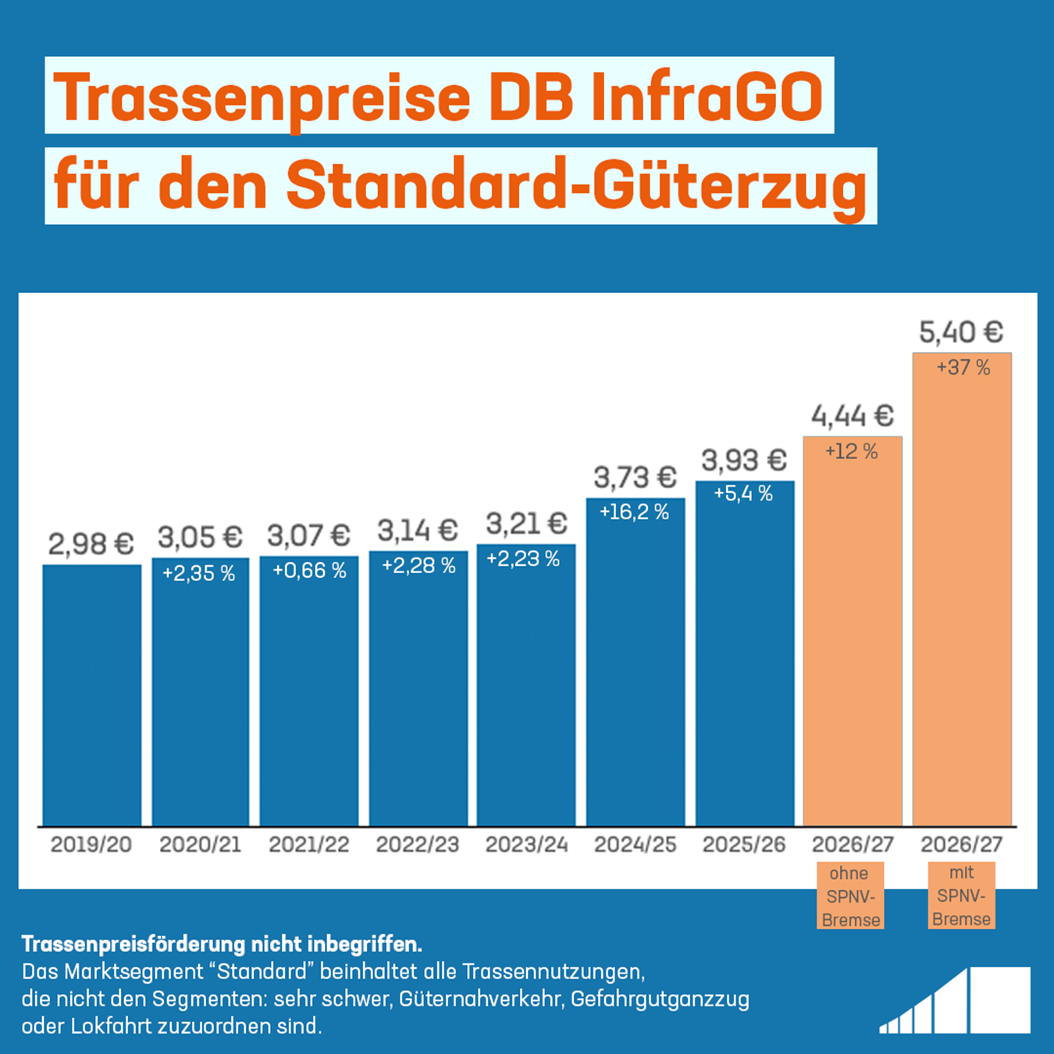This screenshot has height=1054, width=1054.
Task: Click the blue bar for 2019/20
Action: tap(91, 695)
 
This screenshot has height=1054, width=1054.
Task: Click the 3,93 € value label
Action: tap(743, 461)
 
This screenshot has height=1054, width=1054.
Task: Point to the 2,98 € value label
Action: tap(91, 544)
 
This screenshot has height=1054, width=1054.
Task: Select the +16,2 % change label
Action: tap(634, 512)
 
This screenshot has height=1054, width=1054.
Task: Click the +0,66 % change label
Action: tap(309, 571)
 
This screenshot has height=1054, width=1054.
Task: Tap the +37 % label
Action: tap(963, 368)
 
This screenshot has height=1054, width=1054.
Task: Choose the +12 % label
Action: tap(852, 451)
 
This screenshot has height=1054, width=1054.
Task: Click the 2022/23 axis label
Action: tap(418, 845)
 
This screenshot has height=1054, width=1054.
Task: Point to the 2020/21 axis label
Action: tap(200, 845)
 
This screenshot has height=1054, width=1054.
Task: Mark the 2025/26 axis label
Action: tap(743, 845)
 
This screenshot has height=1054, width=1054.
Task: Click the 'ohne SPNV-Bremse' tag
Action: tap(850, 896)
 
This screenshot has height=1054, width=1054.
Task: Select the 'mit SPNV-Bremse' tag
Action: tap(961, 896)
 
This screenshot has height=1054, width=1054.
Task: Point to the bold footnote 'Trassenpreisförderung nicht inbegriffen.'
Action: tap(222, 945)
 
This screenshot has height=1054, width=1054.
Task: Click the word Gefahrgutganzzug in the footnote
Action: tap(660, 999)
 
